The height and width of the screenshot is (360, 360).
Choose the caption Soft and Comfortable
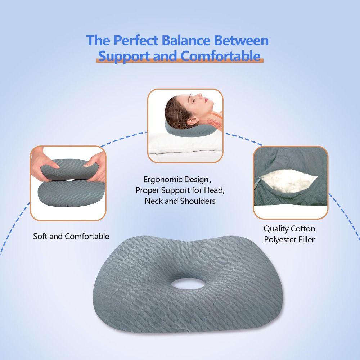pyautogui.click(x=71, y=237)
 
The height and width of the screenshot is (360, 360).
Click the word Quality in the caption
pyautogui.click(x=276, y=229)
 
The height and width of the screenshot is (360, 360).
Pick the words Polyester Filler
pyautogui.click(x=289, y=240)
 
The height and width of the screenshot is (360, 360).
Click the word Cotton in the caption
pyautogui.click(x=303, y=229)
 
